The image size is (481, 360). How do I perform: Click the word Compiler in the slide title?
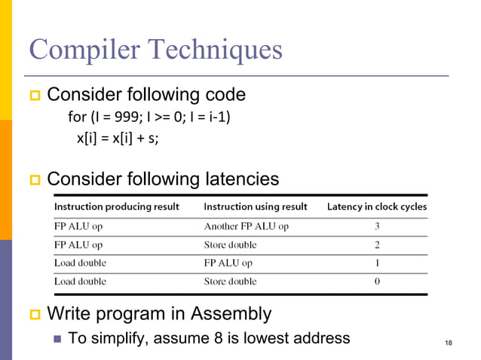pyautogui.click(x=85, y=50)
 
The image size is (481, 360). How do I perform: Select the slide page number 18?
pyautogui.click(x=449, y=345)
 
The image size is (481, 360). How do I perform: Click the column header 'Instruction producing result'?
pyautogui.click(x=117, y=206)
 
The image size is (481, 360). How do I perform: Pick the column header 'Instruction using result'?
pyautogui.click(x=256, y=206)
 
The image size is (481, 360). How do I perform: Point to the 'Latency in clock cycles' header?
pyautogui.click(x=376, y=206)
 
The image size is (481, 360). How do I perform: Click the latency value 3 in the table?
pyautogui.click(x=376, y=226)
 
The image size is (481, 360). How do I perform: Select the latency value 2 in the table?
pyautogui.click(x=376, y=245)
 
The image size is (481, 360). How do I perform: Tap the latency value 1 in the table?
pyautogui.click(x=376, y=263)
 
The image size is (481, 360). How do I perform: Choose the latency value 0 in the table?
pyautogui.click(x=376, y=282)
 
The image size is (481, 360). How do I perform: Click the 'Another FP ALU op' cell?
pyautogui.click(x=246, y=226)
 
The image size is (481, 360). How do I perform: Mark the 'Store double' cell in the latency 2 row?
pyautogui.click(x=230, y=245)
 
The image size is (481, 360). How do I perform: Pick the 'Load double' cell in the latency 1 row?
pyautogui.click(x=80, y=263)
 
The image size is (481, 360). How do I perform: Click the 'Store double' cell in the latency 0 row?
pyautogui.click(x=230, y=282)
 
